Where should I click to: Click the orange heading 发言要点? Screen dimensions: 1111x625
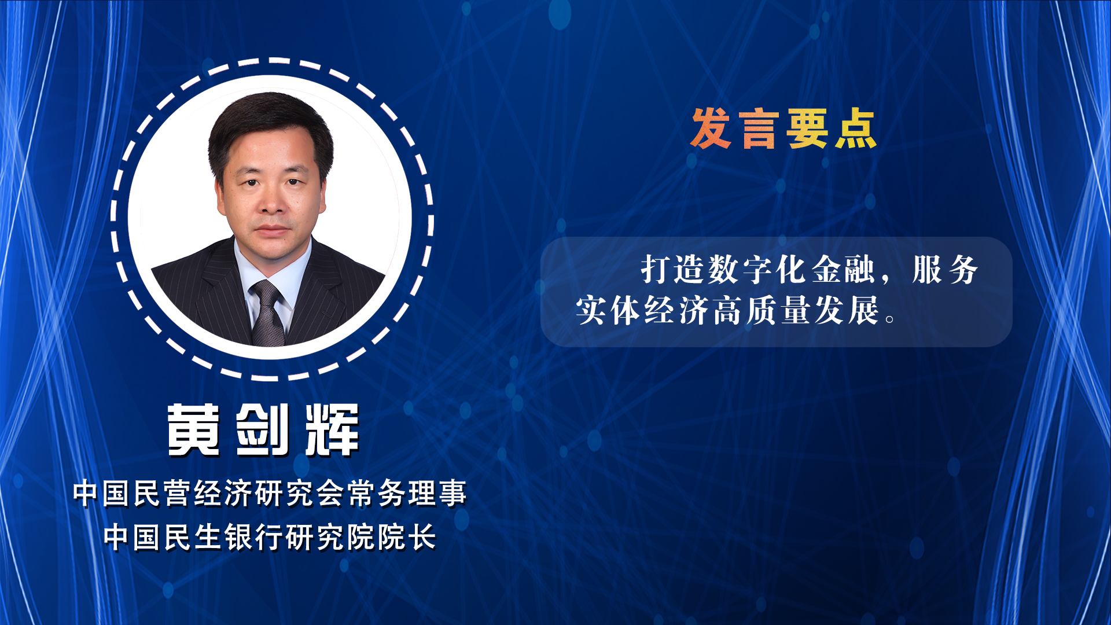coord(784,128)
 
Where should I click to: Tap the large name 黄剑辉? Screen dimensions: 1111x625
coord(264,430)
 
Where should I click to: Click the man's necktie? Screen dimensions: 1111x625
coord(267,312)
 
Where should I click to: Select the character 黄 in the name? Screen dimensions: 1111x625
coord(194,430)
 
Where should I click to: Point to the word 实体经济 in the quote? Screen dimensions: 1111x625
coord(642,310)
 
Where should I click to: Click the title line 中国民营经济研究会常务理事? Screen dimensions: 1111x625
coord(270,494)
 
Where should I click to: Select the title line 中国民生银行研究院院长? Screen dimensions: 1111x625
coord(270,538)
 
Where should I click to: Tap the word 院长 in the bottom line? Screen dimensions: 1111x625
coord(406,538)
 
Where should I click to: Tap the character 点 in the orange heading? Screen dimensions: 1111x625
coord(856,128)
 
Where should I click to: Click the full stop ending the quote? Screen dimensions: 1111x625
coord(891,319)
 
